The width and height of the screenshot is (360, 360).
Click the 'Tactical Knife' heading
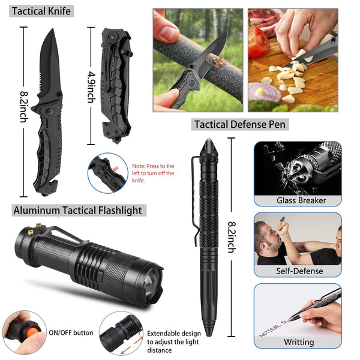point(41,11)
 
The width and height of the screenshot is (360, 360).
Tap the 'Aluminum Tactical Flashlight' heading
point(78,210)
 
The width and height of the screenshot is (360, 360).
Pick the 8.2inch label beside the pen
point(232,236)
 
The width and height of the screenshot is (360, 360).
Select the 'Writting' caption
point(298,342)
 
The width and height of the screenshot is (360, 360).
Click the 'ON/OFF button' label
point(71,332)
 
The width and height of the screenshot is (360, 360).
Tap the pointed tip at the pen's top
point(209,144)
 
